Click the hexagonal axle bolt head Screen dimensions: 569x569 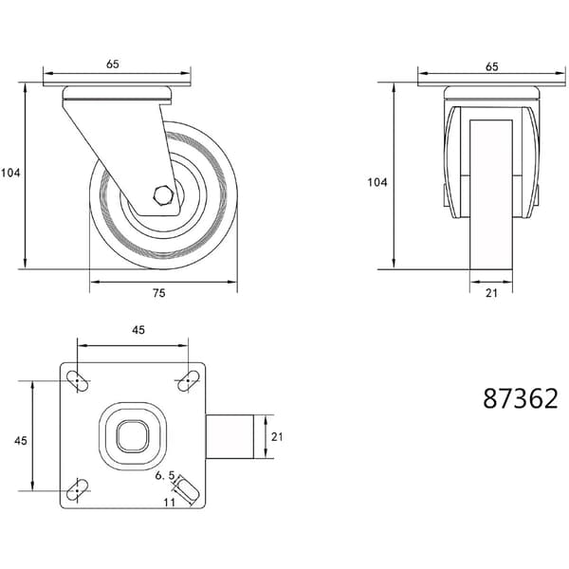pos(163,196)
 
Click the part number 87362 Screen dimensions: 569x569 pos(521,398)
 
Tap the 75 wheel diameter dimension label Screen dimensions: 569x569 pos(159,293)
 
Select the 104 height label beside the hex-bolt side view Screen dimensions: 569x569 pos(10,174)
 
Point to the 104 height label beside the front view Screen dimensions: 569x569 pos(377,182)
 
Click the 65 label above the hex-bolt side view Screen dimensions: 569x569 pos(113,64)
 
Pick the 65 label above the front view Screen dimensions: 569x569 pos(491,66)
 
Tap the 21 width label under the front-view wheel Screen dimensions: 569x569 pos(491,293)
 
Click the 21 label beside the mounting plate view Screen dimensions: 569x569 pos(277,437)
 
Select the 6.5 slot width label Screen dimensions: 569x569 pos(165,475)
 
